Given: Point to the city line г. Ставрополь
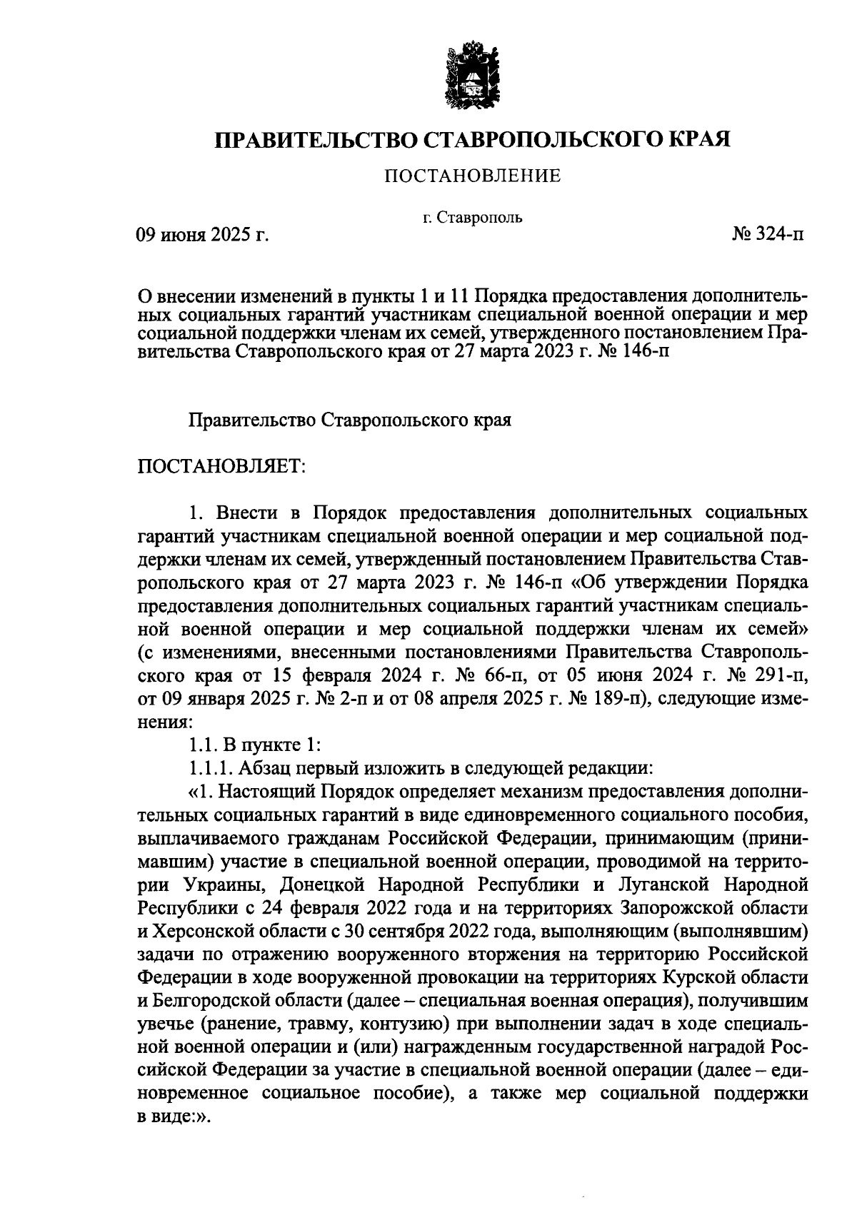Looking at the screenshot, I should pos(472,217).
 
